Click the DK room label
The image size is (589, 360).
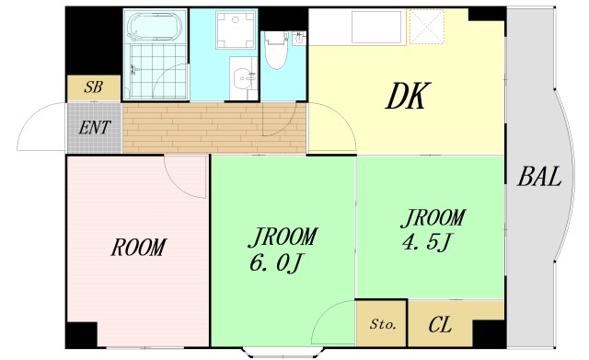pos(407,96)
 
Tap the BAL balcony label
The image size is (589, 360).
pos(539,176)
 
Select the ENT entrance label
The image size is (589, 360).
pos(95,127)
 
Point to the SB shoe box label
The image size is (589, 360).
pos(93,87)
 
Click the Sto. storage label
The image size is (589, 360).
pos(383,324)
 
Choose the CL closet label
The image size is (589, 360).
pos(440,325)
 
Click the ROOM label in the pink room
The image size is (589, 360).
pos(138,248)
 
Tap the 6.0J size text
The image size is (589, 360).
pos(276,263)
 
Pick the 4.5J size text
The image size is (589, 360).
pos(426,242)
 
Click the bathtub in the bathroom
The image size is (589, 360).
pos(155,27)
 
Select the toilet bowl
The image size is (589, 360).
pos(276,51)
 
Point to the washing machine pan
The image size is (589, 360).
pos(236,30)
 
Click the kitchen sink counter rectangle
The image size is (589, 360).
pos(377,27)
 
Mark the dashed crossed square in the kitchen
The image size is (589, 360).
pos(427,27)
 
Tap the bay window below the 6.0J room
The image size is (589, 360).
pos(283,352)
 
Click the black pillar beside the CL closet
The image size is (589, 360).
pos(489,333)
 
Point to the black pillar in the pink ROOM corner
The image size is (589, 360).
pos(82,335)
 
